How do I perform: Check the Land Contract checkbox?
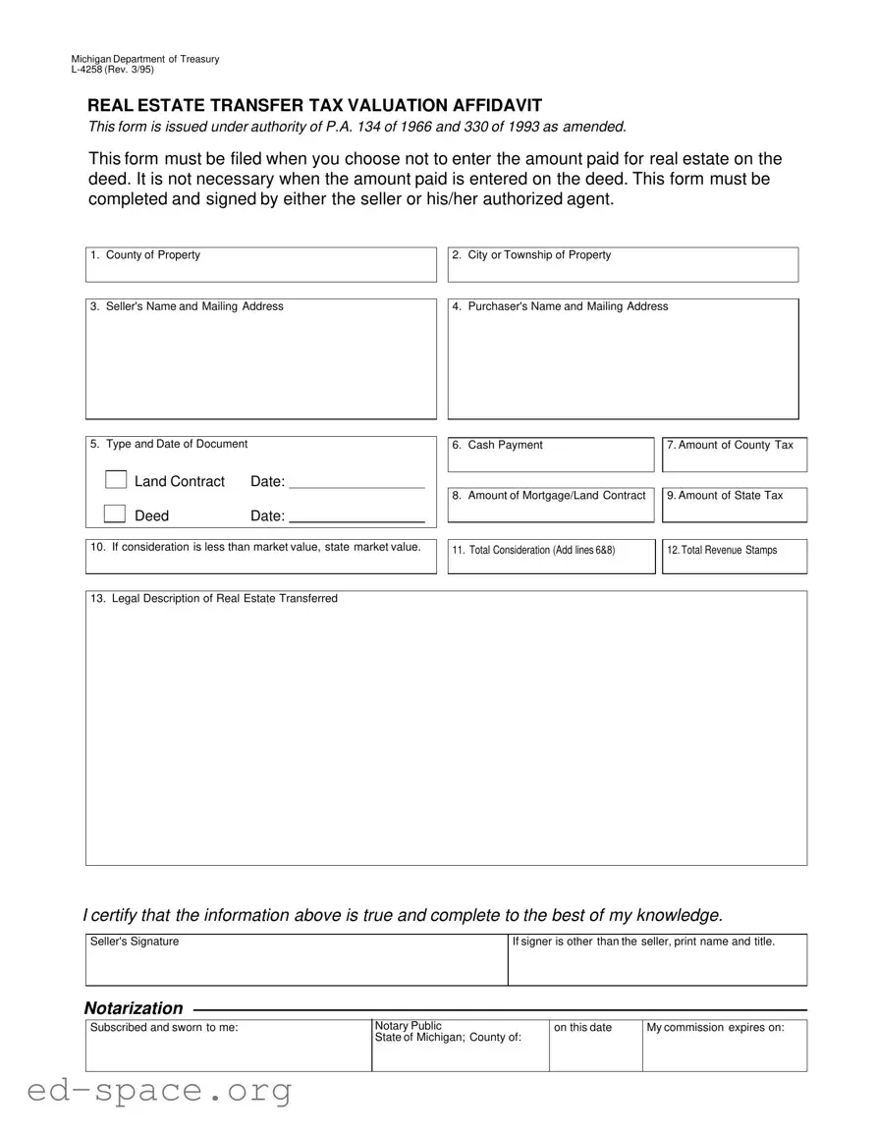point(116,480)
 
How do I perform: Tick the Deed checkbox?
point(116,513)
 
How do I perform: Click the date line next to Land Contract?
point(356,481)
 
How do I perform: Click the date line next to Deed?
point(356,515)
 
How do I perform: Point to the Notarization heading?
point(134,1008)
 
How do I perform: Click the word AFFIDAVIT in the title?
point(482,106)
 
